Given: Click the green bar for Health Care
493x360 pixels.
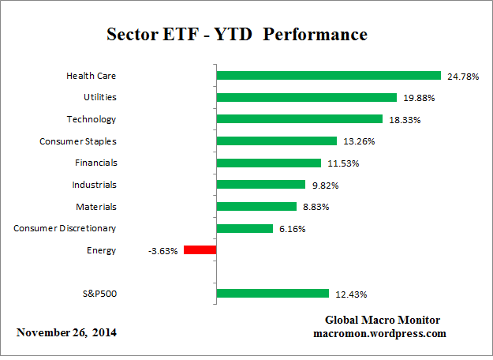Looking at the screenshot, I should coord(328,76).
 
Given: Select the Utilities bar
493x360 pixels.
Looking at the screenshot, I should coord(306,98).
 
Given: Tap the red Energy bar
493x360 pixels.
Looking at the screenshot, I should coord(200,250).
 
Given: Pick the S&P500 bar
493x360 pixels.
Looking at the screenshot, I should coord(272,294).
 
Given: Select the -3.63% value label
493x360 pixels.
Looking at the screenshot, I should coord(162,251).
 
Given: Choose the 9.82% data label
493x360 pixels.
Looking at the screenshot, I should coord(324,186).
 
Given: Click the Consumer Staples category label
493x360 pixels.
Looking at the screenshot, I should coord(77,141).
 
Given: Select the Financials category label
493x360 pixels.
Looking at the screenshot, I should coord(94,163).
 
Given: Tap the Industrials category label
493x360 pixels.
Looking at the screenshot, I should coord(93,185).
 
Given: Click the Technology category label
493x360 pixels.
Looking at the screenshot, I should coord(92,119).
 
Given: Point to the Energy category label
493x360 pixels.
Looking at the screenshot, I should coord(103,250).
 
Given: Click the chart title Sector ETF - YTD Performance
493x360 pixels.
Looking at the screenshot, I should coord(237,36).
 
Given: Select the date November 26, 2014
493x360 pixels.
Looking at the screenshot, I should coord(66,332).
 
